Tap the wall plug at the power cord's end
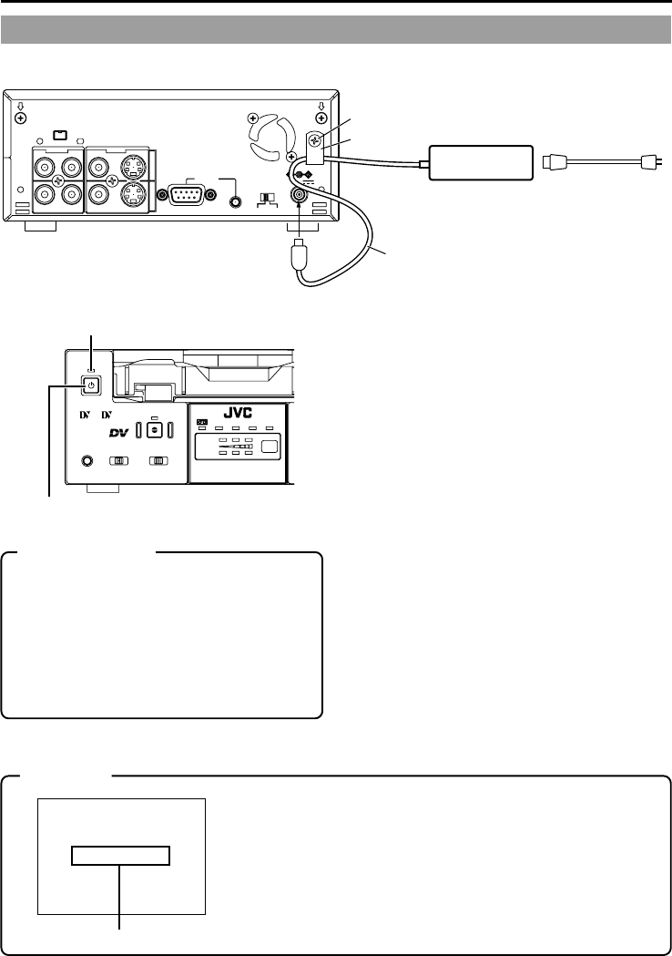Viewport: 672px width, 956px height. pos(648,164)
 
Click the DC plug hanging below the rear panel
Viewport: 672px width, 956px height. pos(300,256)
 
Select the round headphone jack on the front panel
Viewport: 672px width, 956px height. pos(87,461)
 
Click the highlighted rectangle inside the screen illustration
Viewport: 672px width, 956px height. pos(121,855)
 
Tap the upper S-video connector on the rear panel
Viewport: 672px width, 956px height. pos(133,168)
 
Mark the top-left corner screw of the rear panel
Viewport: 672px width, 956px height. pos(21,118)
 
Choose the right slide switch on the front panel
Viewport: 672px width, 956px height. pos(160,461)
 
